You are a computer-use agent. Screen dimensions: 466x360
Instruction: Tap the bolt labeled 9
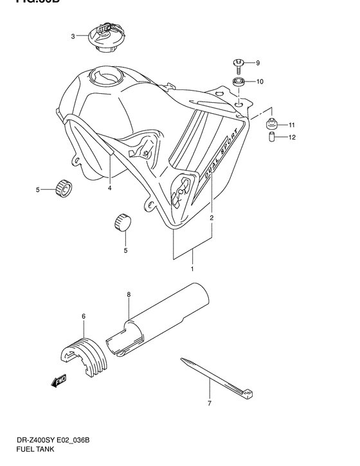(238, 63)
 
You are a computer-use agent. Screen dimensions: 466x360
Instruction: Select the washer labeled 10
(238, 82)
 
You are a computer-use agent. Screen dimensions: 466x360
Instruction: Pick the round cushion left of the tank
(64, 188)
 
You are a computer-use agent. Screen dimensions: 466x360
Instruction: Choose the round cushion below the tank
(122, 222)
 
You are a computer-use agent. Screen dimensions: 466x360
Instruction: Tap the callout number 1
(191, 269)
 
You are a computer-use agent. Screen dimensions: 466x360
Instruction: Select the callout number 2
(212, 218)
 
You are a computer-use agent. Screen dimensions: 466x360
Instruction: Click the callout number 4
(109, 188)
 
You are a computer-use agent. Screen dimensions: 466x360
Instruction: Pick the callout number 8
(129, 295)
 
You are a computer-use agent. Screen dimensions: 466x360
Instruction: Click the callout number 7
(210, 403)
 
